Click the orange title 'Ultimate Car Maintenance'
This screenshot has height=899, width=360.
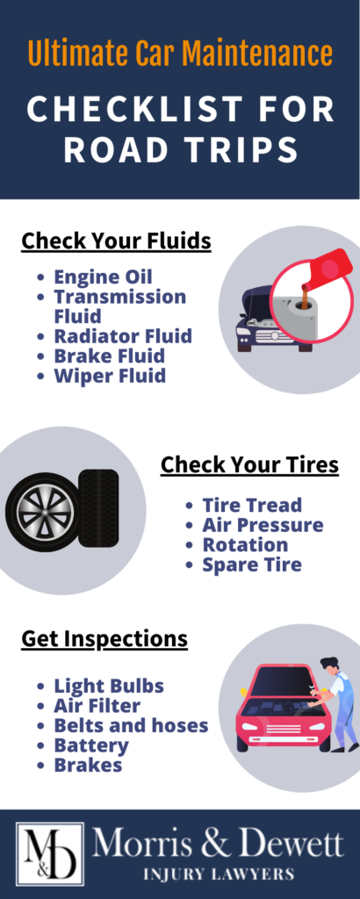point(180,54)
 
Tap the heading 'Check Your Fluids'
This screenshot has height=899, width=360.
point(117,241)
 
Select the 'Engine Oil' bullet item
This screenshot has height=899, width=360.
point(104,277)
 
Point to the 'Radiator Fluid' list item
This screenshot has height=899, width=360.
point(123,336)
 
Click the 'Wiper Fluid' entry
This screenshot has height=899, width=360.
point(110,376)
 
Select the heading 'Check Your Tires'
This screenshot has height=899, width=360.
point(249,464)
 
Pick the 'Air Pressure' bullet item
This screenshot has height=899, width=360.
point(263,525)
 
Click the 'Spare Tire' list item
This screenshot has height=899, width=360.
point(252,565)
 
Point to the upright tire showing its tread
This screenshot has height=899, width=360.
point(98,508)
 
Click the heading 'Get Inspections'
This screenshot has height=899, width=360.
point(104,639)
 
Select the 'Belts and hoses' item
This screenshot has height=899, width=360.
point(131,725)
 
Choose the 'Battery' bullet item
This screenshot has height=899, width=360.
point(91,745)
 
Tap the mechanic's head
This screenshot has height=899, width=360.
point(329,667)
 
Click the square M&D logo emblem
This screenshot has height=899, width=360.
point(50,854)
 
